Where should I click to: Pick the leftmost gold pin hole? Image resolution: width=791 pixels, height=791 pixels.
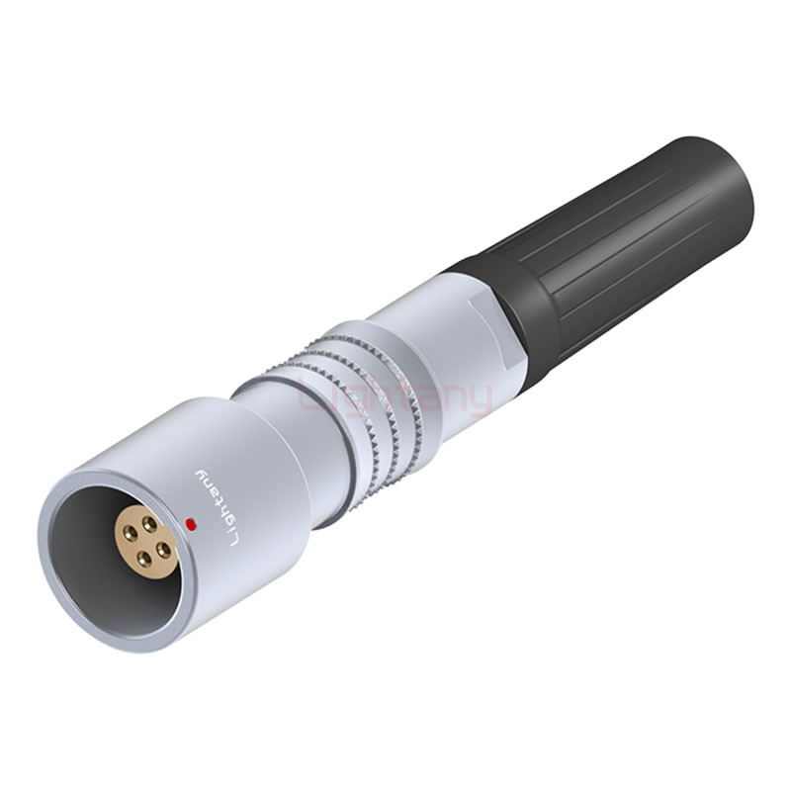pos(129,540)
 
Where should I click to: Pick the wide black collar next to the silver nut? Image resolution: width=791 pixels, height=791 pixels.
pos(514,297)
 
